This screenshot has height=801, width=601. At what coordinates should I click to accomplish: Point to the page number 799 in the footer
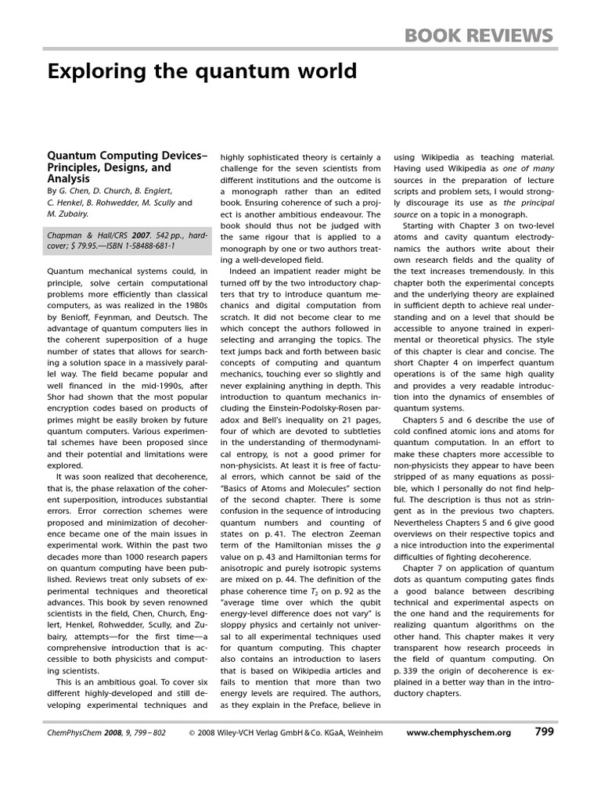coord(545,732)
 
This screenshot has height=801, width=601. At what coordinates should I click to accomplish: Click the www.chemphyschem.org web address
coord(459,733)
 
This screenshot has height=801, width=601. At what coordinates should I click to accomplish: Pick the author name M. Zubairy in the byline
coord(68,214)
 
